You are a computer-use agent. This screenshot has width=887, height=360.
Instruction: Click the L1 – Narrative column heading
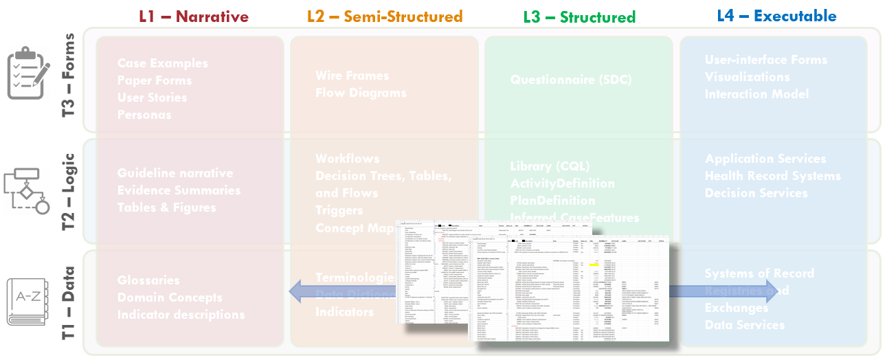[194, 16]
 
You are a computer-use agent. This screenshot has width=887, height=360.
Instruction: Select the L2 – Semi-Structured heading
[385, 16]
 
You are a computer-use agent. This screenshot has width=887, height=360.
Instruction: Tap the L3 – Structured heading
[579, 16]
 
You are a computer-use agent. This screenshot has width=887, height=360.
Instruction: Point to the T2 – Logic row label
[69, 191]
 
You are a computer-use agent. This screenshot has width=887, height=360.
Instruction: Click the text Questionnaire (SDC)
[570, 80]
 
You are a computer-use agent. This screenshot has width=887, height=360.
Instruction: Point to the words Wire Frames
[352, 76]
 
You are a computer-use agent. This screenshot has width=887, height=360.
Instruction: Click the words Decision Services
[756, 193]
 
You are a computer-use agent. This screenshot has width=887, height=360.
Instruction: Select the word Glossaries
[148, 280]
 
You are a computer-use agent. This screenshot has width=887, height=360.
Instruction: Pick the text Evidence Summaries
[179, 190]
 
